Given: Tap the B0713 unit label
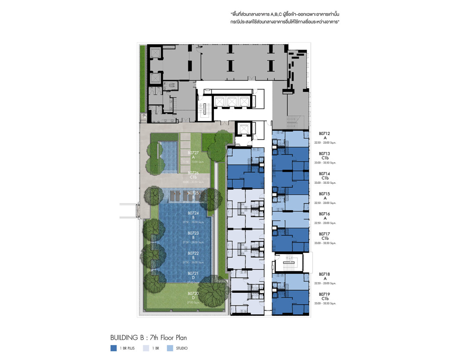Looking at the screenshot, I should tap(325, 153).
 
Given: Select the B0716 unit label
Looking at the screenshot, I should tap(325, 214).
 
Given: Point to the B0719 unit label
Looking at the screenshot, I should tap(325, 294).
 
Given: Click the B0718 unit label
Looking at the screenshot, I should tap(325, 274).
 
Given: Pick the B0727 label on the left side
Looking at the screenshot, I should tap(193, 153).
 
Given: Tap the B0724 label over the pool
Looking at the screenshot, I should tap(193, 213).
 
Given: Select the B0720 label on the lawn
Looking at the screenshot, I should tap(193, 293).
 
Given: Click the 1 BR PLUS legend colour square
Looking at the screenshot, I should tap(113, 348).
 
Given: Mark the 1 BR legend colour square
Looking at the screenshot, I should tap(145, 348).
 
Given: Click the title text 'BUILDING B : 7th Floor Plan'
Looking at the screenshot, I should tap(151, 338).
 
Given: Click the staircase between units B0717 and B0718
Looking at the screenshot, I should tap(289, 263).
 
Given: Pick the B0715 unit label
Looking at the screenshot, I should tap(325, 193).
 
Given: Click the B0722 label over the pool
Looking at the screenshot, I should tap(193, 253).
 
